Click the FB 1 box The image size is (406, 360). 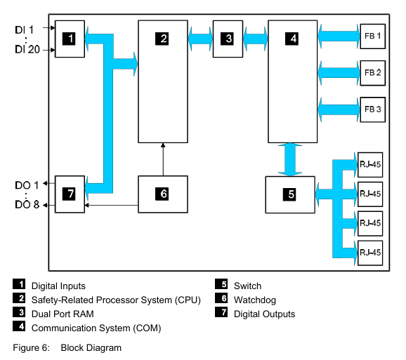pos(372,36)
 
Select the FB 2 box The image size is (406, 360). pos(372,73)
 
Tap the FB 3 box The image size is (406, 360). pos(372,109)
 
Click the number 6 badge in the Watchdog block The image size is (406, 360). pos(162,194)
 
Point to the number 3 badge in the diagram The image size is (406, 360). pos(227,39)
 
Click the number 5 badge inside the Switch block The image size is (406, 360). pos(289,194)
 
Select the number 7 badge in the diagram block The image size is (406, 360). pos(69,194)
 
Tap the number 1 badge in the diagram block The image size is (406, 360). pos(69,39)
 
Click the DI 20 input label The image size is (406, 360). pos(27,49)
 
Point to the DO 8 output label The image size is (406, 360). pos(27,205)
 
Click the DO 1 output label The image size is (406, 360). pos(27,185)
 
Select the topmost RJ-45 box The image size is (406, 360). pos(370,165)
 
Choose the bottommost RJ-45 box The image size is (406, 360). pos(370,253)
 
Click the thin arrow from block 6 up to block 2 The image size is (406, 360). pos(163,159)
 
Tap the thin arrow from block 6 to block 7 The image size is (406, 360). pos(112,206)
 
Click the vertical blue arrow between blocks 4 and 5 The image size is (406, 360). pos(290,159)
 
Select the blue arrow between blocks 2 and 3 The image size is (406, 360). pos(200,39)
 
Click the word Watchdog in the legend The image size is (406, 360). pos(255,300)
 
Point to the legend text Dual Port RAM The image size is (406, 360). pos(63,314)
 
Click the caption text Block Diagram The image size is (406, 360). pos(91,348)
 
